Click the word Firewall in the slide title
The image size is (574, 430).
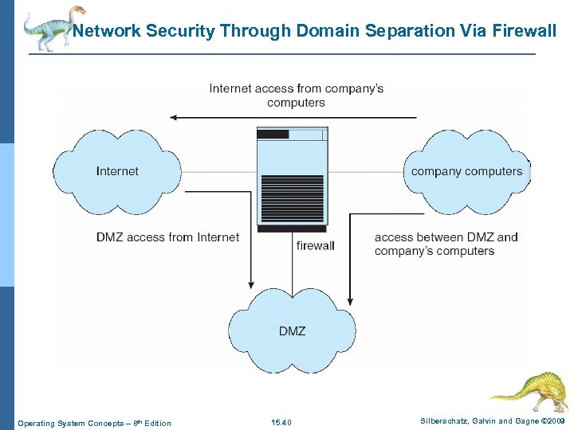523,31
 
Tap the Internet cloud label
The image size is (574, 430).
117,171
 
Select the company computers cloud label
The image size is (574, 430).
466,171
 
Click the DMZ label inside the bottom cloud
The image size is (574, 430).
292,330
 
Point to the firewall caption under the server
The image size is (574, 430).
315,245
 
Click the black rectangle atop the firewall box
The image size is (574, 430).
273,135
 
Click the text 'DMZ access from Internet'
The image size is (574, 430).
167,237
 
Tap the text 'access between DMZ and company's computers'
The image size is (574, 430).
446,244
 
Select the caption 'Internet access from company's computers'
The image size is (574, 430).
296,95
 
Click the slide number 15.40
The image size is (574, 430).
281,423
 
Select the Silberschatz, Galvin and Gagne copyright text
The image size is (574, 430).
493,420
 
